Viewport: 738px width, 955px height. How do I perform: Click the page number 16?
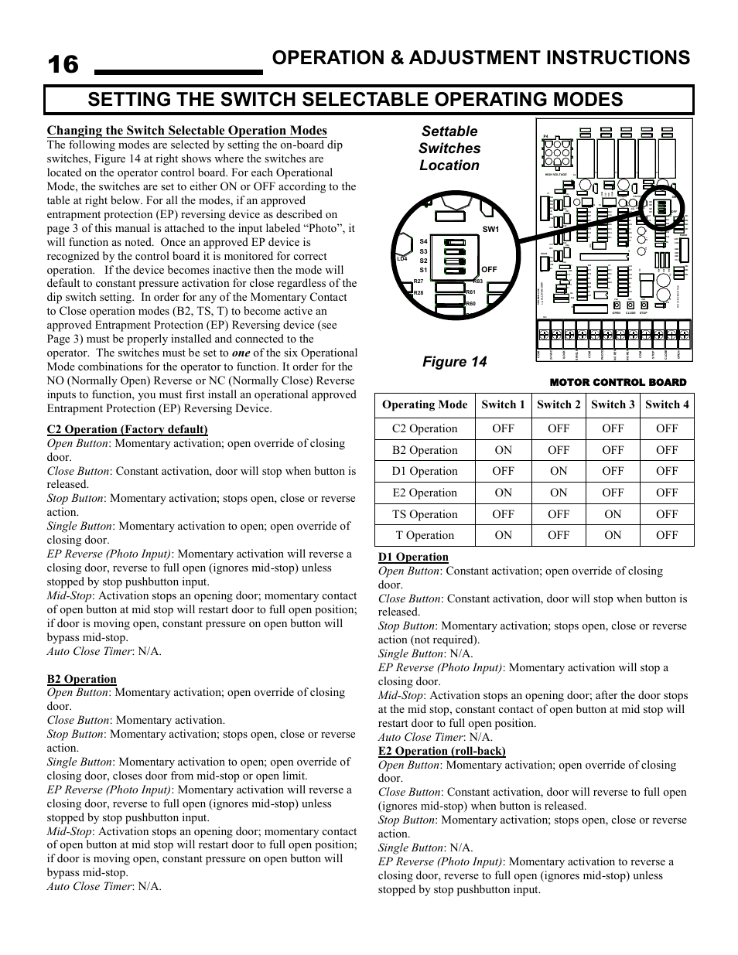pyautogui.click(x=63, y=65)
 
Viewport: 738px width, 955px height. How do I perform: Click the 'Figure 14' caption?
pyautogui.click(x=449, y=362)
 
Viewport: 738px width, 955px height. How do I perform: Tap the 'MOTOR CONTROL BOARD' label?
pyautogui.click(x=617, y=383)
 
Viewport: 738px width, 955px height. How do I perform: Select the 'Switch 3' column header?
pyautogui.click(x=613, y=404)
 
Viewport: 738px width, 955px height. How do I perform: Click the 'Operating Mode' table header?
pyautogui.click(x=425, y=404)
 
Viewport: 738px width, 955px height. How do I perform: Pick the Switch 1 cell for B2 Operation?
pyautogui.click(x=503, y=450)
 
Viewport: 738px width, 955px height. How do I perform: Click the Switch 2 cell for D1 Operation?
pyautogui.click(x=559, y=471)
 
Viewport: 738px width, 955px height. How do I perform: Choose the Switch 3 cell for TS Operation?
pyautogui.click(x=613, y=514)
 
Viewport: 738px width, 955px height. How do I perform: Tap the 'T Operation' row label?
pyautogui.click(x=425, y=535)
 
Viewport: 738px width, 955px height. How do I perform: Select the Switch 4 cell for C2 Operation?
pyautogui.click(x=667, y=428)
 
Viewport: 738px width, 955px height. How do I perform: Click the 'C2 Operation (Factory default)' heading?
pyautogui.click(x=127, y=429)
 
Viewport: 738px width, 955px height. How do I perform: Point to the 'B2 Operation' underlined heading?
pyautogui.click(x=81, y=679)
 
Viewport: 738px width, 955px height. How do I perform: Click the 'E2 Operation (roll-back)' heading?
pyautogui.click(x=442, y=751)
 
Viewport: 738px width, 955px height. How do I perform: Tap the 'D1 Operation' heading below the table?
pyautogui.click(x=413, y=557)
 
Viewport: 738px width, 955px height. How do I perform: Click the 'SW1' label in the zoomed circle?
pyautogui.click(x=490, y=230)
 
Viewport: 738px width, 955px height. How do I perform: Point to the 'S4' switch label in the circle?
pyautogui.click(x=423, y=242)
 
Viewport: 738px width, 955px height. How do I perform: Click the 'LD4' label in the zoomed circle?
pyautogui.click(x=401, y=259)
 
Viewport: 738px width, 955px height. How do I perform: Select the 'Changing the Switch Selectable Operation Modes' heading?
pyautogui.click(x=186, y=131)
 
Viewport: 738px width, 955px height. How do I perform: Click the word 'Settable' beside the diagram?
pyautogui.click(x=449, y=131)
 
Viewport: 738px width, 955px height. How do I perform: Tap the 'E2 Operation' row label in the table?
pyautogui.click(x=425, y=493)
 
